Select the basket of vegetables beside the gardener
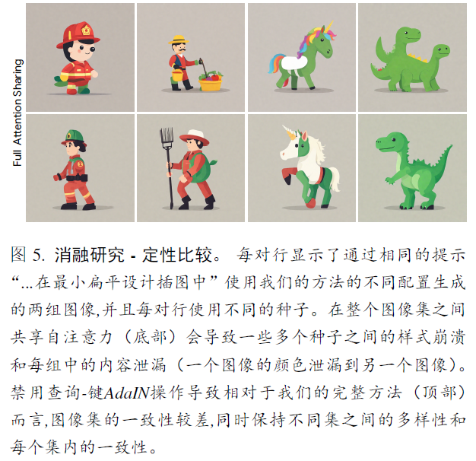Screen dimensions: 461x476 tap(211, 79)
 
